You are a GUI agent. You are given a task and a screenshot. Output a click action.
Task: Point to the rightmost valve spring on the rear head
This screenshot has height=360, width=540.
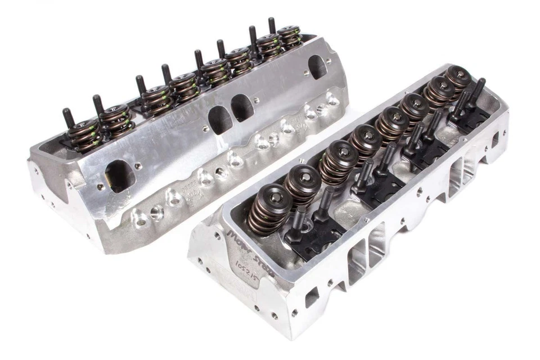point(290,37)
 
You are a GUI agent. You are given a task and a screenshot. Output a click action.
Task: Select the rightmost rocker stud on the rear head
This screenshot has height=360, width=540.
point(272,25)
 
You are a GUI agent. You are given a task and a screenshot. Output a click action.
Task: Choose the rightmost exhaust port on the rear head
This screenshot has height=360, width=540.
point(318,67)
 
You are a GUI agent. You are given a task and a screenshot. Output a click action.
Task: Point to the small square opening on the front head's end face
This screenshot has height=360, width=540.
point(312,296)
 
